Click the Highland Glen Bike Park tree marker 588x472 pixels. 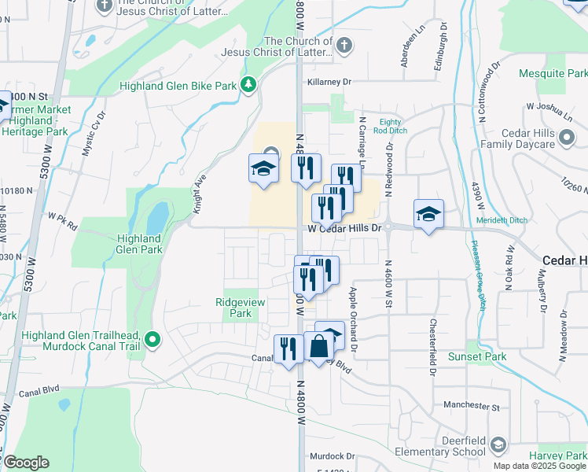click(249, 84)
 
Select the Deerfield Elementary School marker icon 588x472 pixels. click(497, 446)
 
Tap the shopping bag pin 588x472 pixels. click(319, 345)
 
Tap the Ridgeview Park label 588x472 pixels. click(234, 308)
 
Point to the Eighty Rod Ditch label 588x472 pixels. click(390, 126)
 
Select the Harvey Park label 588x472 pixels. click(557, 455)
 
